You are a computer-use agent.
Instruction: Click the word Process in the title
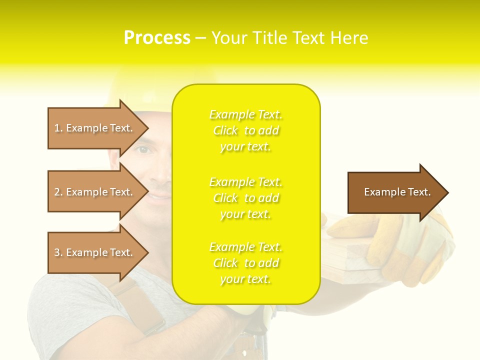(157, 38)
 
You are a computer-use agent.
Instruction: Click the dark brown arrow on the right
(395, 192)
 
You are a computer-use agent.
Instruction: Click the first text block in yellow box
(246, 130)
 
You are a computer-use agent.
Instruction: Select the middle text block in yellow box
(246, 198)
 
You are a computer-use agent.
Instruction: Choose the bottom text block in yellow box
(246, 263)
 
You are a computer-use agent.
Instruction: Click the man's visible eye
(144, 150)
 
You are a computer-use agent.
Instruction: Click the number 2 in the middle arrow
(57, 192)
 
